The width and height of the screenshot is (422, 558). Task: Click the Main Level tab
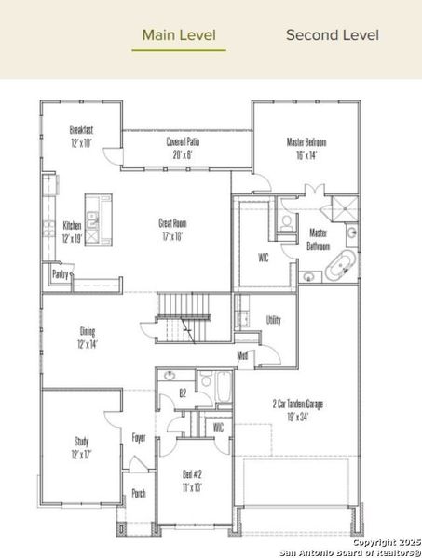coord(179,35)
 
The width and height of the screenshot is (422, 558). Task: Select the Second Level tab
coord(332,35)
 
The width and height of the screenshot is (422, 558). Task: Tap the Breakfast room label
coord(81,137)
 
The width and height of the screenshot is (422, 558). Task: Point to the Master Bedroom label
coord(306,148)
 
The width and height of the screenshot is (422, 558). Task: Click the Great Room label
coord(172,229)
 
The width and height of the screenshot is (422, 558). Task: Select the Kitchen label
coord(72,232)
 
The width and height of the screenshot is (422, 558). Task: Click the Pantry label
coord(60,275)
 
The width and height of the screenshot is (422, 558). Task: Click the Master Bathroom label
coord(318,240)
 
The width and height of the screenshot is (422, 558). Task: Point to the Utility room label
coord(273,319)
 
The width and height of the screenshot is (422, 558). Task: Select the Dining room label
coord(87,338)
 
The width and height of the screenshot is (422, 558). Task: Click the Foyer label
coord(138,437)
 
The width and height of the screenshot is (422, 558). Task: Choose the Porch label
coord(138,494)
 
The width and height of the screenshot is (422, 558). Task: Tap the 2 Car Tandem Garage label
coord(298,411)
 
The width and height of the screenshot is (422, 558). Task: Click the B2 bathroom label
coord(183,394)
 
